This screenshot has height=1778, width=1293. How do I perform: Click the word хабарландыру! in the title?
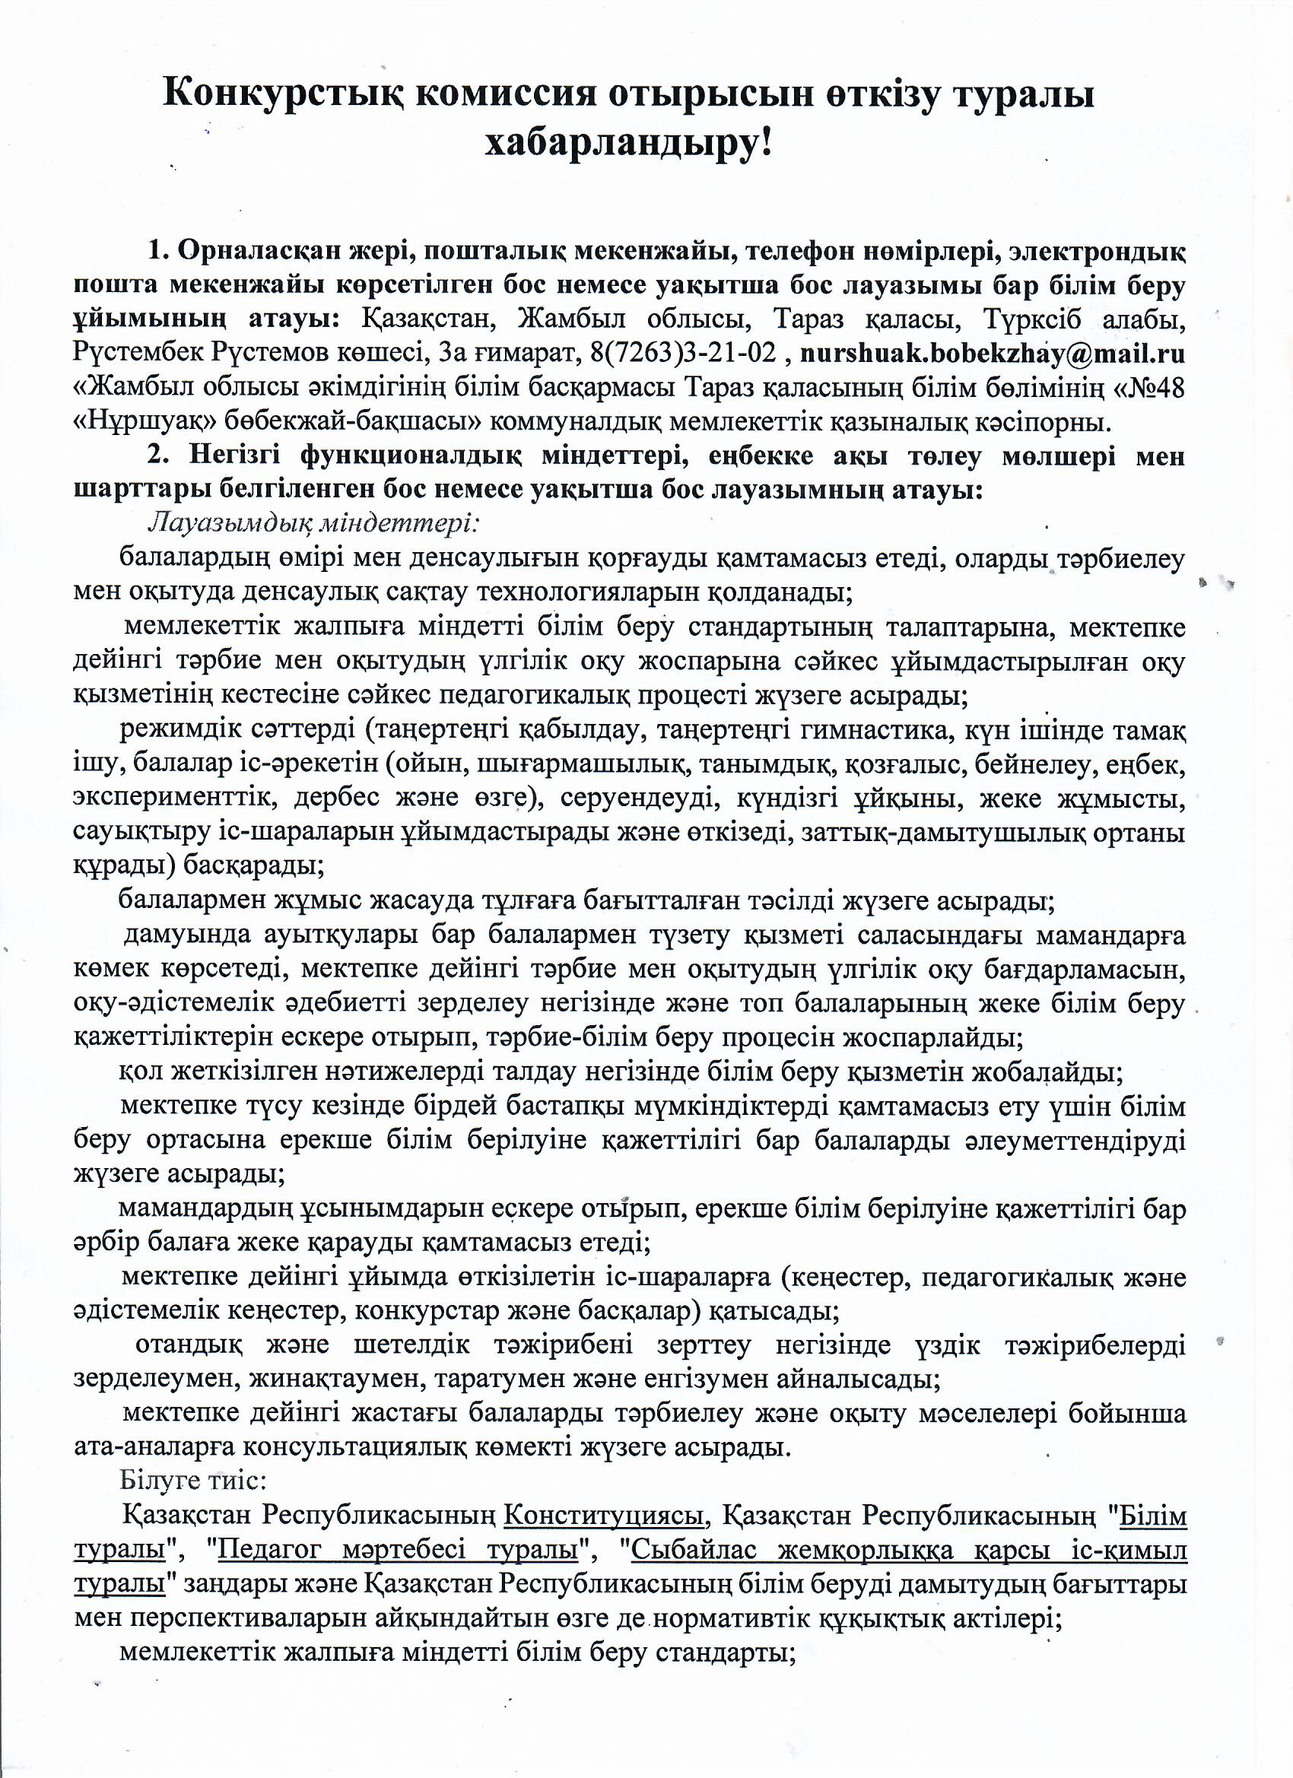628,142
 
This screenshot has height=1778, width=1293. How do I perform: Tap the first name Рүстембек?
138,354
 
